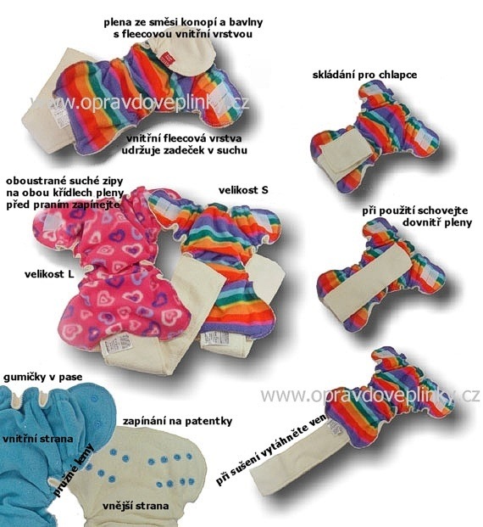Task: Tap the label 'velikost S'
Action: click(x=243, y=190)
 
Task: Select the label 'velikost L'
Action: click(x=49, y=274)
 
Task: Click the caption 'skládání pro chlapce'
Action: click(x=364, y=75)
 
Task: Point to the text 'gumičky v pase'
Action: click(x=42, y=377)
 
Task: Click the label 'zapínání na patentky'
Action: click(x=177, y=421)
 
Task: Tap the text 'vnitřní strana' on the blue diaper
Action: click(x=37, y=439)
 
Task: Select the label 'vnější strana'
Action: click(x=136, y=506)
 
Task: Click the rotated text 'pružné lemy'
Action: click(x=75, y=469)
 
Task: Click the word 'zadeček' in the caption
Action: click(x=183, y=150)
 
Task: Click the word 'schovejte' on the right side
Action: click(x=441, y=211)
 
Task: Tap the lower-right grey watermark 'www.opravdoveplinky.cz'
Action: click(x=370, y=395)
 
